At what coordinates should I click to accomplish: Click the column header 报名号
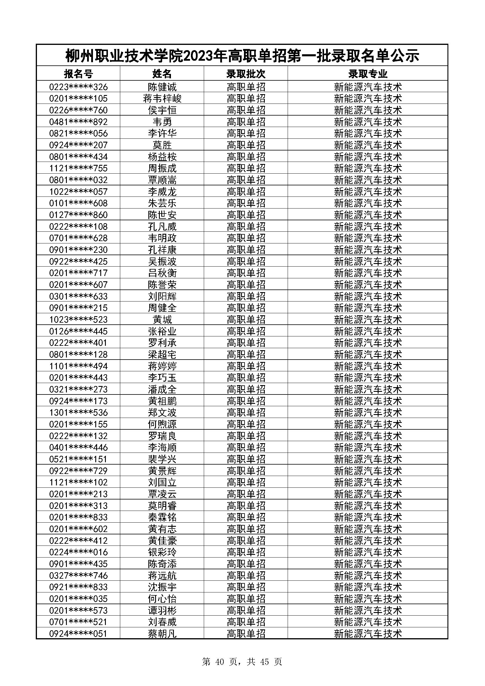(x=78, y=74)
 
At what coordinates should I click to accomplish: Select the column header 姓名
(x=162, y=74)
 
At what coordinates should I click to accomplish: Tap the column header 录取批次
(x=245, y=74)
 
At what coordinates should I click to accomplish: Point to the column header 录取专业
(x=368, y=74)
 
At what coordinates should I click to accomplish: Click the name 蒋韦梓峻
(x=162, y=99)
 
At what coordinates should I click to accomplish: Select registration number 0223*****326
(x=78, y=87)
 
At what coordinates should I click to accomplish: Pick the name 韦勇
(x=162, y=122)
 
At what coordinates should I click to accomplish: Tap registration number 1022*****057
(x=78, y=192)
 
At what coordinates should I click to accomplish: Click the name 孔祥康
(x=162, y=250)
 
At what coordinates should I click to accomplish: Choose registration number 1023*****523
(x=78, y=319)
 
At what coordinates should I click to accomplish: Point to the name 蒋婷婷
(x=162, y=366)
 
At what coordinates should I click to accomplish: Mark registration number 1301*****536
(x=78, y=413)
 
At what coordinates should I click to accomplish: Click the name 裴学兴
(x=162, y=459)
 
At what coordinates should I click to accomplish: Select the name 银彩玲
(x=162, y=552)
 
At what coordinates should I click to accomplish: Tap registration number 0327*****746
(x=78, y=575)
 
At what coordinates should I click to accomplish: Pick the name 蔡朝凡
(x=162, y=634)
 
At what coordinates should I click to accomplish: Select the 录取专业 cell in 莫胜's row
(x=368, y=145)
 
